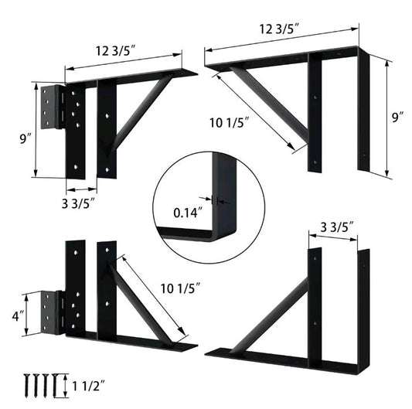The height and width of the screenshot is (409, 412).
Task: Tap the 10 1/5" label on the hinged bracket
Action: tap(182, 288)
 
